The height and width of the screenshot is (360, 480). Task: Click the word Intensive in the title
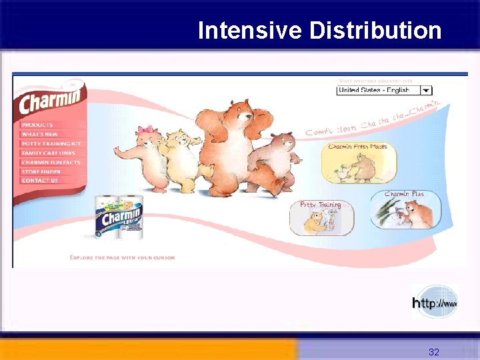[249, 31]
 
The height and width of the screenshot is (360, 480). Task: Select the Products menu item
[37, 125]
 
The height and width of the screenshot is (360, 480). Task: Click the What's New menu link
[39, 134]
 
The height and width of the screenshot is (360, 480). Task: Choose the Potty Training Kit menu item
[51, 143]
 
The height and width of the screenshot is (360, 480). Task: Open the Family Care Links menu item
[48, 153]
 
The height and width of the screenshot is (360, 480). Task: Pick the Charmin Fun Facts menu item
[51, 162]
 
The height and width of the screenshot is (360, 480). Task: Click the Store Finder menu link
[41, 171]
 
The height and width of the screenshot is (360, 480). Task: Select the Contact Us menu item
[39, 181]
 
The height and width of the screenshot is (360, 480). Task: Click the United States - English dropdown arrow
[426, 90]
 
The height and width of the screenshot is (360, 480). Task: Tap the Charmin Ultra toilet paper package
[119, 217]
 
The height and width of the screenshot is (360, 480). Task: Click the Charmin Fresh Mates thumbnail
[358, 163]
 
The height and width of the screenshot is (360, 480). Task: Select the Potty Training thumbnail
[321, 217]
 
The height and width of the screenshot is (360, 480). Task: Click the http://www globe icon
[435, 302]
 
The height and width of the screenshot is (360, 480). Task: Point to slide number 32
[434, 351]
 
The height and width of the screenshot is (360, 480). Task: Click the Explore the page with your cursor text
[122, 257]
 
